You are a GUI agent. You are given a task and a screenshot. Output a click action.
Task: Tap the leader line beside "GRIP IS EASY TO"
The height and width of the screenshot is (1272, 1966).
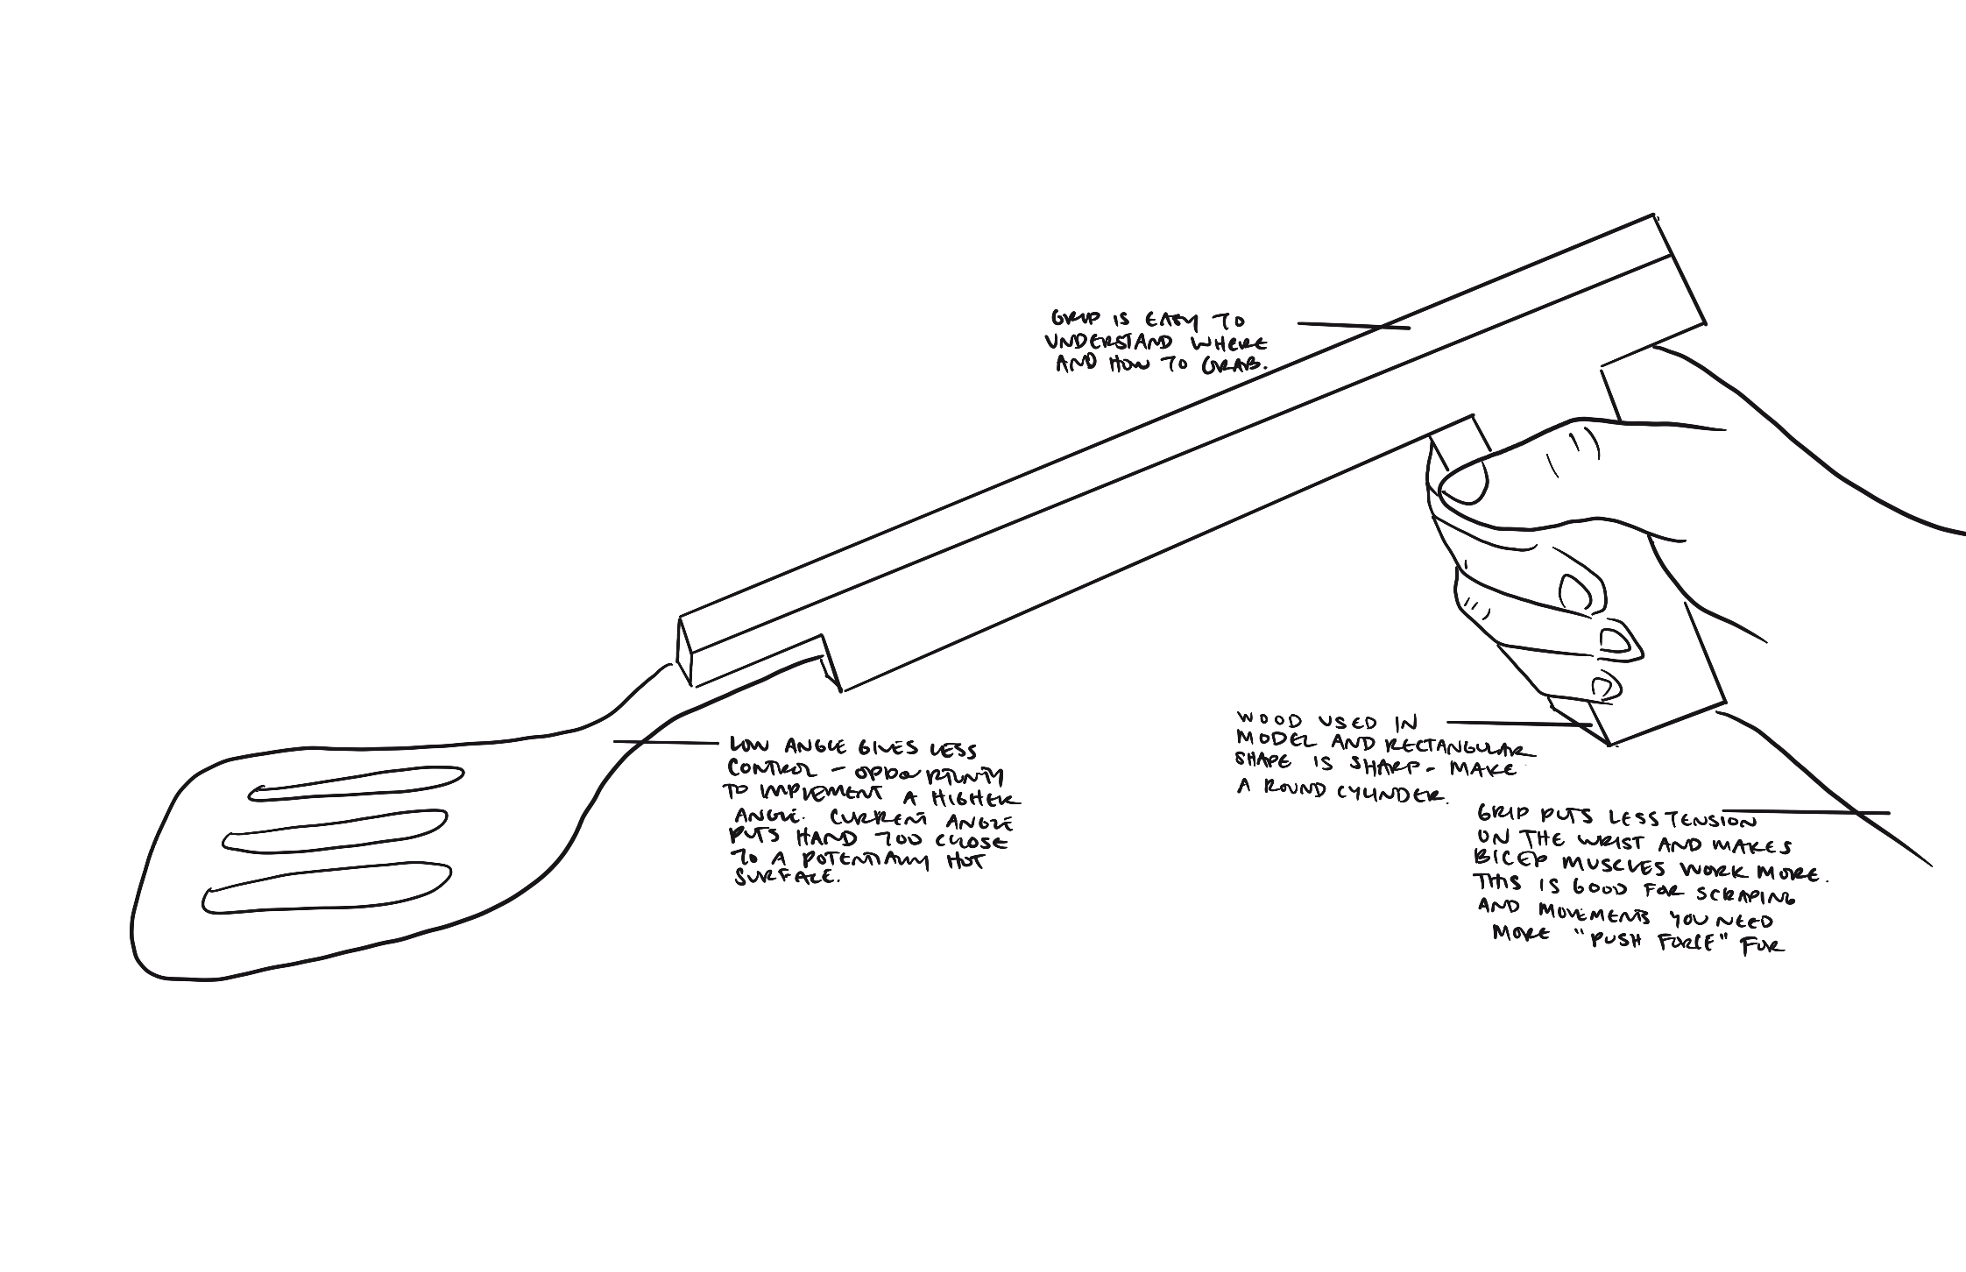(1353, 326)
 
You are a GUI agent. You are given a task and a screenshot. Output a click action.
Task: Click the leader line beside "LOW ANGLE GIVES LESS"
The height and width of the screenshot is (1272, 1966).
(665, 743)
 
